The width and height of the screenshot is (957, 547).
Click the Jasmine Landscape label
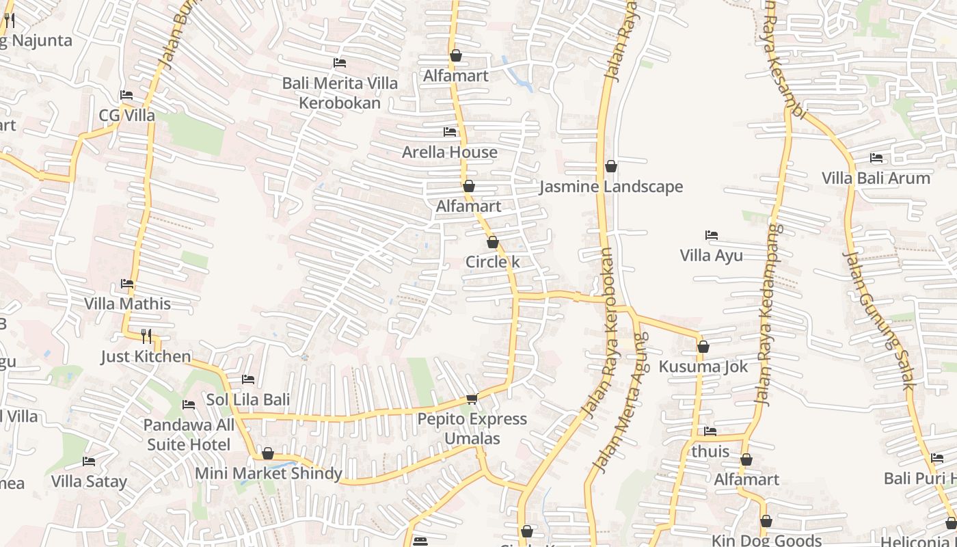(x=610, y=187)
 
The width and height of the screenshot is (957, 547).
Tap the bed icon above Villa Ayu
(x=712, y=235)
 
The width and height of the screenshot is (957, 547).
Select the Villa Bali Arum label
(x=876, y=178)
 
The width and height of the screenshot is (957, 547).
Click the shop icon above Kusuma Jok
(x=703, y=347)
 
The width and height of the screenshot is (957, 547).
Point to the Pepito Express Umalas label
(x=472, y=428)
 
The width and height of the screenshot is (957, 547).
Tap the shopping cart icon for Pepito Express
(x=472, y=399)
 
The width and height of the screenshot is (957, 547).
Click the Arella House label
(x=449, y=152)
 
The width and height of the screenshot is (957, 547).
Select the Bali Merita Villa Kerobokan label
(x=340, y=93)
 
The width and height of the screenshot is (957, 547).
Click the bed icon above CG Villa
(x=126, y=95)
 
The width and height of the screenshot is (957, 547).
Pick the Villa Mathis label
(x=127, y=303)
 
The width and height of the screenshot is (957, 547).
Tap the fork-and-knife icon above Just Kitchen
(x=146, y=336)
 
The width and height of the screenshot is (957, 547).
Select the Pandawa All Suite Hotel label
(x=189, y=435)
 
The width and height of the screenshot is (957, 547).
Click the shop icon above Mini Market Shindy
(x=268, y=453)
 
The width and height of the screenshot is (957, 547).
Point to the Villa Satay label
(x=89, y=481)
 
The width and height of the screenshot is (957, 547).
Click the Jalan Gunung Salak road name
(x=878, y=320)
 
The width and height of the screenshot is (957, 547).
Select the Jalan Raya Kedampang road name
(x=768, y=315)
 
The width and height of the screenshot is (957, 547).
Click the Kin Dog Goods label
(x=766, y=540)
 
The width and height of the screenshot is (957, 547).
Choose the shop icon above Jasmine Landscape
(x=611, y=166)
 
